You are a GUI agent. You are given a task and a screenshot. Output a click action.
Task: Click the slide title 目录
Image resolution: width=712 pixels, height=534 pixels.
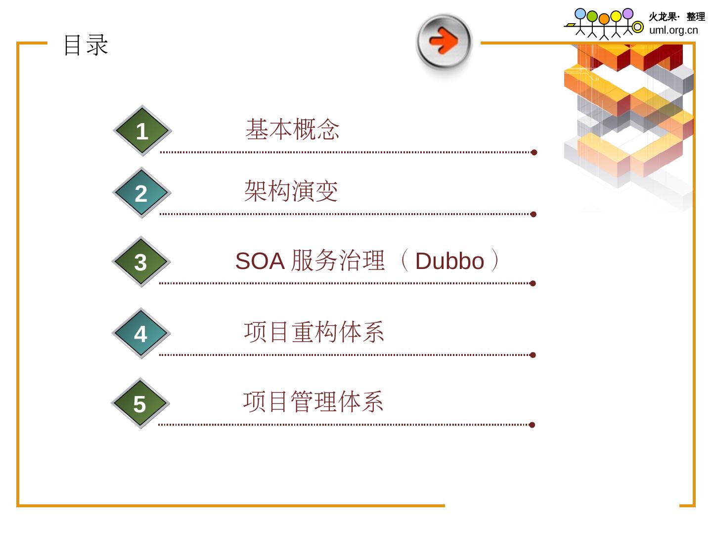tap(86, 45)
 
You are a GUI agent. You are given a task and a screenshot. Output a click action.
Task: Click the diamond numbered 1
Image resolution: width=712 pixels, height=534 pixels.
tap(142, 131)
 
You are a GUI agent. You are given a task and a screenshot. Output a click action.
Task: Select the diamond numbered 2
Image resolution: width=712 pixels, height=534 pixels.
tap(141, 193)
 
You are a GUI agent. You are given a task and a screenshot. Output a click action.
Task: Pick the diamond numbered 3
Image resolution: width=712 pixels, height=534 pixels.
tap(141, 262)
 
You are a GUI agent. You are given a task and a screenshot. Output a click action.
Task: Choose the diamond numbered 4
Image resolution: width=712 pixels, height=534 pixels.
tap(141, 334)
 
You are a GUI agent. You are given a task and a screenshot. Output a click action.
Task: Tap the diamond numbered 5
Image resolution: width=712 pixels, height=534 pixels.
tap(140, 403)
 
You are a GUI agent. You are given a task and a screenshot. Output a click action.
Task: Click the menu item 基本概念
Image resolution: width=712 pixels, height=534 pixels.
tap(293, 130)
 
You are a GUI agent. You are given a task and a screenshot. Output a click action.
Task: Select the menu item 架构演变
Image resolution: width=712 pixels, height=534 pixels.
tap(291, 191)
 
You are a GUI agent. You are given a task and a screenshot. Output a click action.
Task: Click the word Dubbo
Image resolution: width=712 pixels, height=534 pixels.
tap(449, 261)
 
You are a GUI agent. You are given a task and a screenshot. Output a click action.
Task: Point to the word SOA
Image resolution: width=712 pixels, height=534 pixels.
tap(260, 261)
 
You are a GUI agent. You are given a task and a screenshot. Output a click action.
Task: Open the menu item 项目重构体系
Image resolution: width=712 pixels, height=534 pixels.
tap(314, 332)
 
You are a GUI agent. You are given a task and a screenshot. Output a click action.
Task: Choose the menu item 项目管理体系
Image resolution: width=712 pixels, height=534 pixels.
tap(313, 401)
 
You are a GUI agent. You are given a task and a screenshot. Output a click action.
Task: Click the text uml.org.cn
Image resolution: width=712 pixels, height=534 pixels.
tap(673, 30)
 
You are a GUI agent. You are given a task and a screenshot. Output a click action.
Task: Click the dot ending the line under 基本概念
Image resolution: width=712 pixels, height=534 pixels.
tap(534, 152)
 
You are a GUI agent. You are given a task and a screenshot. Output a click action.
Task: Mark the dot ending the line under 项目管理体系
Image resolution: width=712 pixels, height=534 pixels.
tap(532, 425)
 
